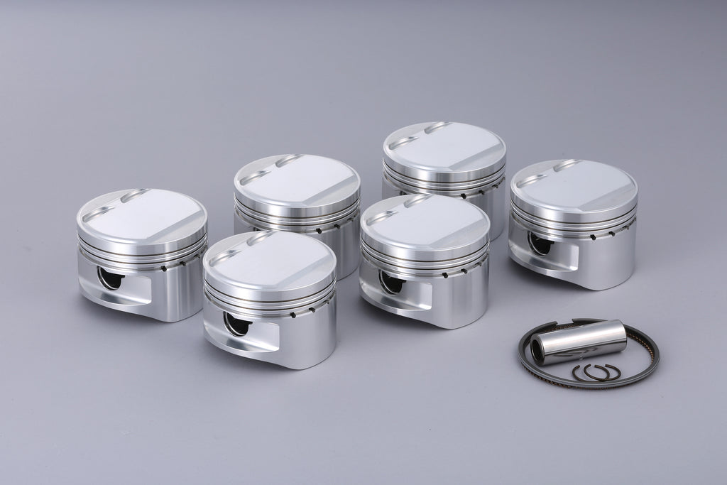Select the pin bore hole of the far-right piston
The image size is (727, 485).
click(x=540, y=244)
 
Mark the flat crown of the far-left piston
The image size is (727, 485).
click(x=146, y=217)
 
